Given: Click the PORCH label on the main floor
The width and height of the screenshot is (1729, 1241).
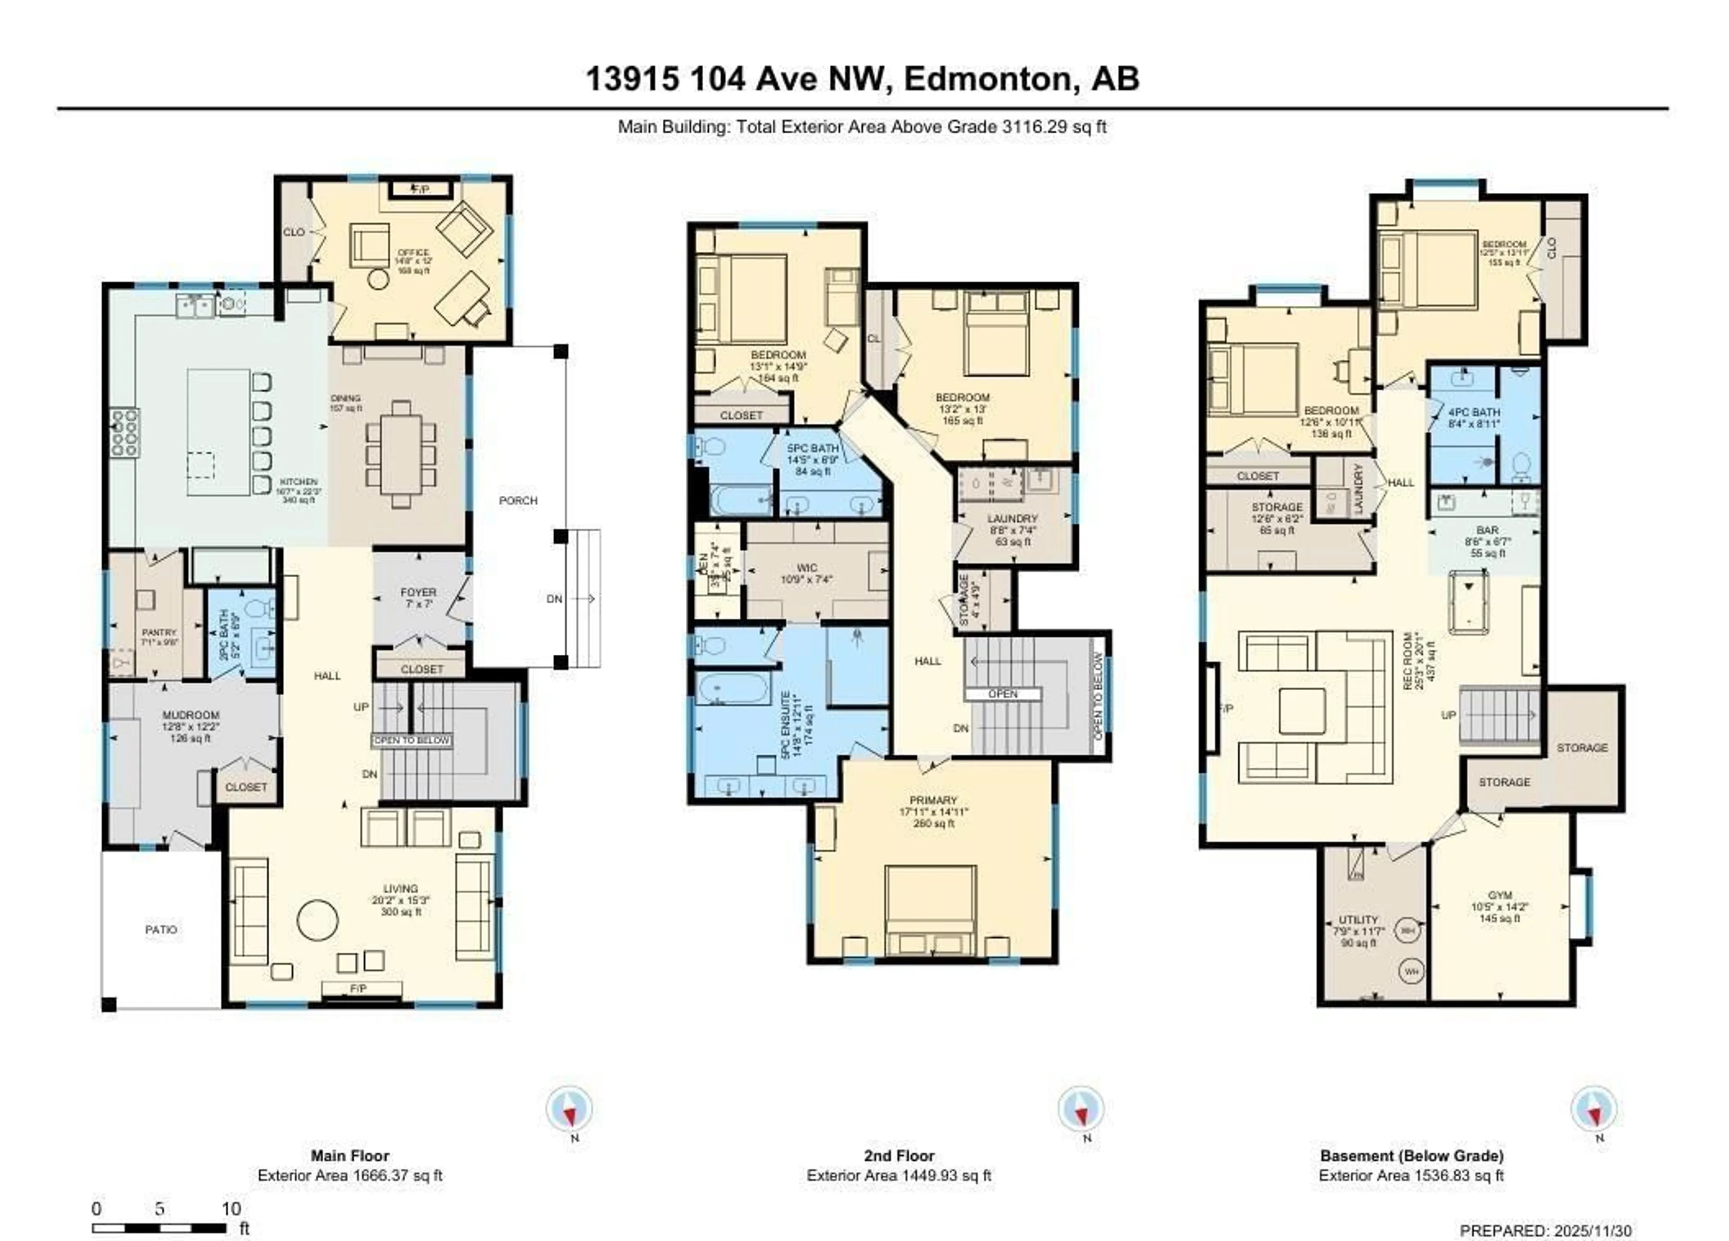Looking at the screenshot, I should point(518,501).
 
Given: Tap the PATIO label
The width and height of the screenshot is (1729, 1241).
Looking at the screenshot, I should point(161,930).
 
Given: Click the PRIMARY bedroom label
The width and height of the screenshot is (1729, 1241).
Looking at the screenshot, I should point(932,801).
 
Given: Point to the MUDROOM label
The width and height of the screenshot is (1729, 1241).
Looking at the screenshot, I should point(190,715).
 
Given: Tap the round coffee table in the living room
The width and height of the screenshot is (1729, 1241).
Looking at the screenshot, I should point(317,921).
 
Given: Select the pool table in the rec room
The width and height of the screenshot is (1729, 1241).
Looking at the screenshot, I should point(1468,602).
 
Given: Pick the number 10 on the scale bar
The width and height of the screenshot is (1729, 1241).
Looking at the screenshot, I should point(231,1209).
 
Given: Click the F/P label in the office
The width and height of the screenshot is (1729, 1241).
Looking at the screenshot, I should point(420,188).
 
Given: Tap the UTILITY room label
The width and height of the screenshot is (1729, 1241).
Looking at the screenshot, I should point(1358,920).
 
